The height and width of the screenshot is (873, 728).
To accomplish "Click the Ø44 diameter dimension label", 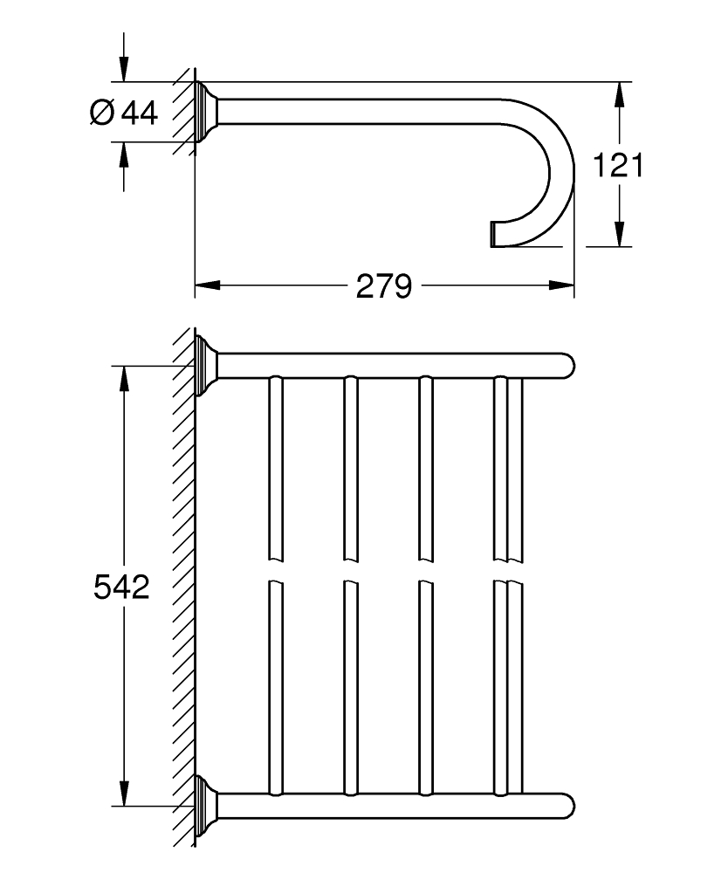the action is [x=124, y=113].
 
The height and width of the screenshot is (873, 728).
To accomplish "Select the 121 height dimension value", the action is [x=618, y=165].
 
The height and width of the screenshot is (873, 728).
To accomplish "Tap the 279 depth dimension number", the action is [x=384, y=286].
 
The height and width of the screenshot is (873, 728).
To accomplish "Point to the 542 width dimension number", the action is [x=122, y=587].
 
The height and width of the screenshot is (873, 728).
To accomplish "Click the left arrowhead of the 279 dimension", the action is [x=207, y=285].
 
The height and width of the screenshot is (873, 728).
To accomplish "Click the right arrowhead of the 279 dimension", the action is [x=561, y=285].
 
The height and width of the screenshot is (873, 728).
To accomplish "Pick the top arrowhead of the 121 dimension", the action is [x=620, y=94].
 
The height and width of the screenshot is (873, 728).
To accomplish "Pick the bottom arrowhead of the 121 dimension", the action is [x=620, y=234].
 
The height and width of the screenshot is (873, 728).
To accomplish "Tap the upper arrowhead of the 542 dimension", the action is [x=124, y=379].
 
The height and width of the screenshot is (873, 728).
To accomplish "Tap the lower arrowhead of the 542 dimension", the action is [x=124, y=793].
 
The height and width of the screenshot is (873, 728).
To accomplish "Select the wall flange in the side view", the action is [x=207, y=112].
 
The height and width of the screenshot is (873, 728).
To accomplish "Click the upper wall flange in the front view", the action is [x=207, y=365].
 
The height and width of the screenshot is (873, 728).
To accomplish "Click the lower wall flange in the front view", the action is [x=207, y=805].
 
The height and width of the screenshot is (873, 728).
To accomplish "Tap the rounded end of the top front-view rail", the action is [x=567, y=366].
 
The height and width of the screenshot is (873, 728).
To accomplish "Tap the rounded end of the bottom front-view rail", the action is [x=567, y=806].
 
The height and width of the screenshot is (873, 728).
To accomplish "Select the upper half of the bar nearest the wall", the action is [x=276, y=468].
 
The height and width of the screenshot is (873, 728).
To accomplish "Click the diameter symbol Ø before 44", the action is [x=102, y=113].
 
